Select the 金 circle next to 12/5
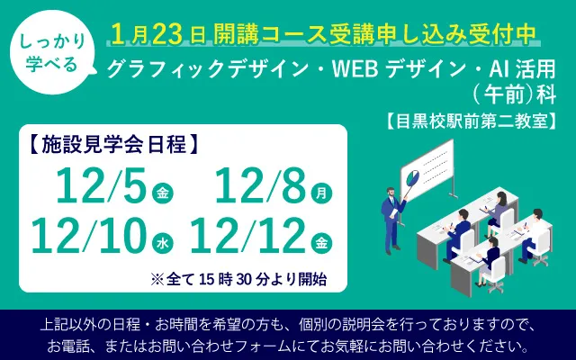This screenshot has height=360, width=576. click(x=162, y=192)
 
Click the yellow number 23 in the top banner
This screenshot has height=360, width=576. click(x=166, y=33)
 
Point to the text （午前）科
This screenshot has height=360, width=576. click(x=509, y=93)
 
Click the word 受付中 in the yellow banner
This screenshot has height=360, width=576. click(x=504, y=33)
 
